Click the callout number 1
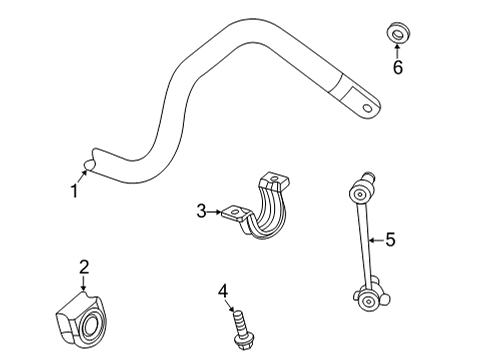73,189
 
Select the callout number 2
84,266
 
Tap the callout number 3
201,211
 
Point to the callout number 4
224,291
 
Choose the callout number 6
397,68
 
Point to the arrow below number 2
84,283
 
